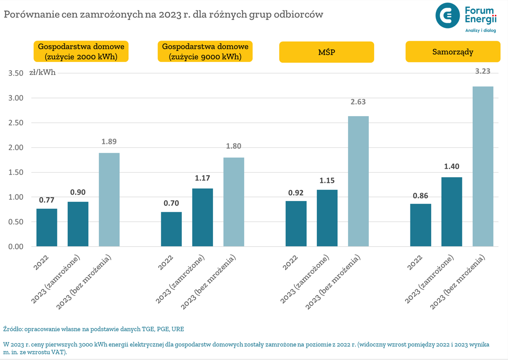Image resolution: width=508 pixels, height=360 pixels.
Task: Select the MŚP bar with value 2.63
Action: tap(358, 181)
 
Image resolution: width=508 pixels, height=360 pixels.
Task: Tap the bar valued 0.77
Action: tap(47, 228)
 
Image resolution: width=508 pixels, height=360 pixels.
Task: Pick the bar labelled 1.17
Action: tap(202, 217)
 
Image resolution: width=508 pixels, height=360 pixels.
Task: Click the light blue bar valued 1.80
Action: tap(234, 202)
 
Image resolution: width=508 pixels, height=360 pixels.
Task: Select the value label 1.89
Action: tap(109, 141)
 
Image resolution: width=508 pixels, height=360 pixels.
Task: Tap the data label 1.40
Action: tap(452, 167)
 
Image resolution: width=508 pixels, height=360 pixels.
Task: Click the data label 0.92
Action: tap(296, 192)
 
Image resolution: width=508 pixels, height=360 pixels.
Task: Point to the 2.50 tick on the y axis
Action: tap(16, 123)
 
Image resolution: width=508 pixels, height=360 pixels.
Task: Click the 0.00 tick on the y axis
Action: tap(16, 247)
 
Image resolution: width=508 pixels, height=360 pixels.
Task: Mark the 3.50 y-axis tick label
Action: tap(16, 73)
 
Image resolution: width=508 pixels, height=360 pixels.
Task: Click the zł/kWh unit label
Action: tap(42, 72)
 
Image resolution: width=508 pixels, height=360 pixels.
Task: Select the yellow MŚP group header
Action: tap(326, 52)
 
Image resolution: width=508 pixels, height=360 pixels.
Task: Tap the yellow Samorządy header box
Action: tap(452, 51)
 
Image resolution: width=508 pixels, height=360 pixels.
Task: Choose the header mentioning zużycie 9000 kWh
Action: tap(205, 51)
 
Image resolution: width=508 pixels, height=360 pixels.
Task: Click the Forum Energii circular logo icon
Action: tap(447, 16)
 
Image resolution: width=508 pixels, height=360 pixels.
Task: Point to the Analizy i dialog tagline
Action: tap(480, 31)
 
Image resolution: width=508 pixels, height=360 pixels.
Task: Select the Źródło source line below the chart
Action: tap(94, 329)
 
